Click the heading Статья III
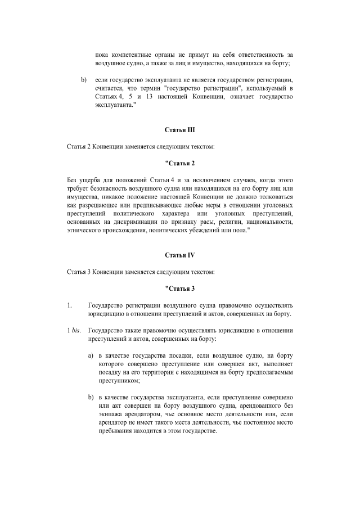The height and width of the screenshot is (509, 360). coord(179,130)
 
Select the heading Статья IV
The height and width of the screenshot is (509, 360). coord(179,255)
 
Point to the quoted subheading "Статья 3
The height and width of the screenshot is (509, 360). coord(179,289)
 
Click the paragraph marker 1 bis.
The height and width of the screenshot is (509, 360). coord(74,331)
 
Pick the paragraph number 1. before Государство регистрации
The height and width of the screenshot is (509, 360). coord(69,305)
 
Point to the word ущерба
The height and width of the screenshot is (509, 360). coord(89,180)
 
